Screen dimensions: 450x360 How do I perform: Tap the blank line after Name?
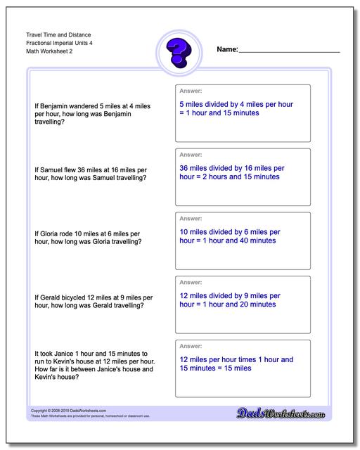coord(290,51)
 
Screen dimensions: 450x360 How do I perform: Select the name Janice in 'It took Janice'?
coord(72,353)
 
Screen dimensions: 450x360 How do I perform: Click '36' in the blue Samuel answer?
coord(184,168)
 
